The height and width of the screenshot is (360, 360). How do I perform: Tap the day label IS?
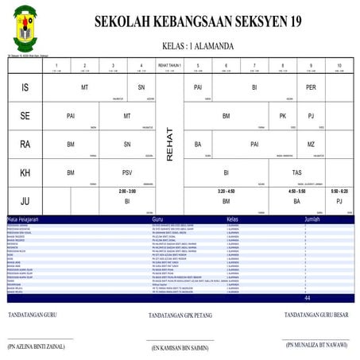click(x=25, y=87)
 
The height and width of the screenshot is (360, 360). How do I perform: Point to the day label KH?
click(x=25, y=173)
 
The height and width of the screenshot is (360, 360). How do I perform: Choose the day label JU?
click(x=25, y=202)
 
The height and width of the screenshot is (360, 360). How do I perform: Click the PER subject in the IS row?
click(x=312, y=87)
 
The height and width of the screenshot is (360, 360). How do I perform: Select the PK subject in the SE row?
click(x=282, y=116)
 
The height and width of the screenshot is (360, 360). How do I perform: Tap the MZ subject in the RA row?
click(x=312, y=145)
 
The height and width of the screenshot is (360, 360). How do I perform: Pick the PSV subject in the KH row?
click(x=127, y=172)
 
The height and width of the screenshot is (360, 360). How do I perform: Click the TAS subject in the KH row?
click(x=296, y=172)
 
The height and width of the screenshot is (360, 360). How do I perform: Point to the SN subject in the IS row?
click(x=141, y=87)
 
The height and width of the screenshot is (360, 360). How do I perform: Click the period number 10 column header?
click(x=339, y=65)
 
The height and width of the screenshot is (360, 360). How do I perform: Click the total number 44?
click(x=307, y=298)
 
